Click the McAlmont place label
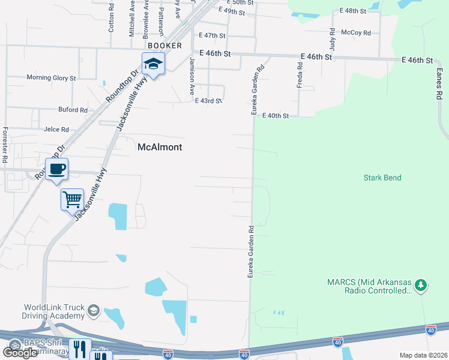pos(160,147)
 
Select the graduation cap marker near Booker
pos(153,64)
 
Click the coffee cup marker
pos(57,169)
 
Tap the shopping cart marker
pos(72,199)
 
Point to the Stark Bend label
pos(382,178)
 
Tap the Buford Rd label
pos(73,110)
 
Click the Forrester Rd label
pos(5,145)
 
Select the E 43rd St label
pos(208,101)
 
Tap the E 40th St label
pos(276,116)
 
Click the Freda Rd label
pos(300,74)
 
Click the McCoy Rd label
pos(355,33)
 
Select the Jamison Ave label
pos(192,76)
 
